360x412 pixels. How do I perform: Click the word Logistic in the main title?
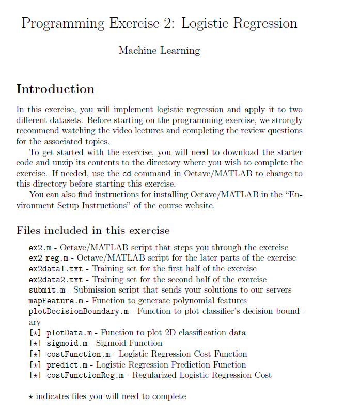point(205,24)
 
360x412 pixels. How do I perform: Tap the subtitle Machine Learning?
point(159,51)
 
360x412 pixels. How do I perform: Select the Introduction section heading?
point(55,89)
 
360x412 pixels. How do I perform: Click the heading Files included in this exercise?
point(93,230)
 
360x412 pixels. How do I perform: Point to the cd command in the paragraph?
point(127,173)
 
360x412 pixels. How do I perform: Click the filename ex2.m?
point(39,248)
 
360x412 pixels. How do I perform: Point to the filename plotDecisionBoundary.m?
point(78,311)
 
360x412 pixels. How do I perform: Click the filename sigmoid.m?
point(67,343)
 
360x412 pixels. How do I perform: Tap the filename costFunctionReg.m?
point(85,375)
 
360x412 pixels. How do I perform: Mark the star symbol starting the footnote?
point(31,396)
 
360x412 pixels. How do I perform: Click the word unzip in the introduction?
point(60,162)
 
